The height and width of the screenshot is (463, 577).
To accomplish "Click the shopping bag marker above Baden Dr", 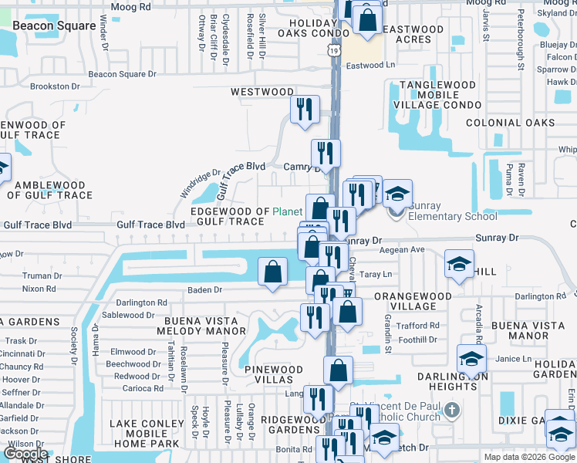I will (272, 272).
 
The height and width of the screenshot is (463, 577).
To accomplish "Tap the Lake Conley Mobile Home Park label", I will (150, 434).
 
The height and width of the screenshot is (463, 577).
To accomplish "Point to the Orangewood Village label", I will (413, 301).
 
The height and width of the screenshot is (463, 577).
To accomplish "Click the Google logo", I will (25, 454).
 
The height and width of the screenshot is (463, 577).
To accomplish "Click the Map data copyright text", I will (529, 457).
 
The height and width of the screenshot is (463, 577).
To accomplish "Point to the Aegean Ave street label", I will (406, 250).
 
